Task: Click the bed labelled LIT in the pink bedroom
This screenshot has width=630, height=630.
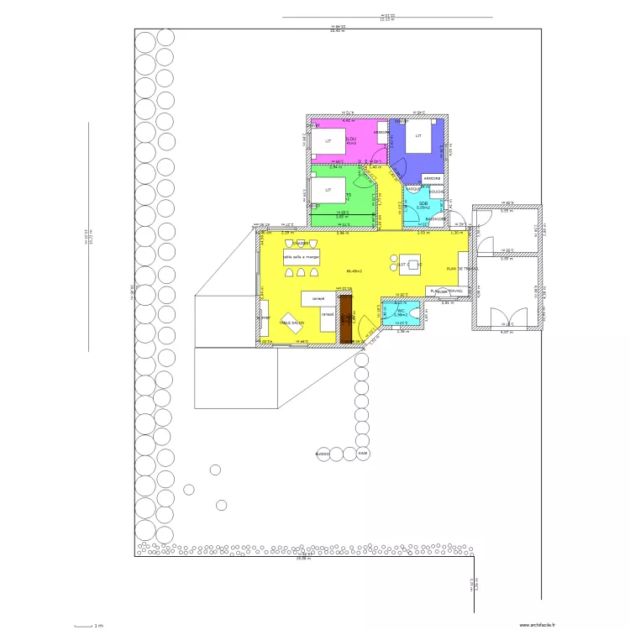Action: (328, 142)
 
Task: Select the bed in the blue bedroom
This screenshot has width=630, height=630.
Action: (418, 136)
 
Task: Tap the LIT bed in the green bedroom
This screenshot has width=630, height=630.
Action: (328, 192)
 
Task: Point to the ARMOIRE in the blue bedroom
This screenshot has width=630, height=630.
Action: (433, 179)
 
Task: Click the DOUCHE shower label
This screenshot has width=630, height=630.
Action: (436, 192)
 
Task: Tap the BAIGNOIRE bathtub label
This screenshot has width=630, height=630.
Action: (435, 219)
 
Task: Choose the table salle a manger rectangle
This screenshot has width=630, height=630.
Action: (302, 257)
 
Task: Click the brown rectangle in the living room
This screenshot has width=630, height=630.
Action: (344, 318)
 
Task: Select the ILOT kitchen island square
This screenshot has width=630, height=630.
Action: (409, 264)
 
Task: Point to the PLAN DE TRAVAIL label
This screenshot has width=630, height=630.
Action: (460, 269)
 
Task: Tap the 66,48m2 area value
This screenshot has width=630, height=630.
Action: (354, 271)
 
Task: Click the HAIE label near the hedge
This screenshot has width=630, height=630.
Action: (363, 454)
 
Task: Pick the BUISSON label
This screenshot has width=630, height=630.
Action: (323, 454)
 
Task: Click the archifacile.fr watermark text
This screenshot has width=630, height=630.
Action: (538, 624)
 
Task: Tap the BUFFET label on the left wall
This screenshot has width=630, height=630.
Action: (263, 319)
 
